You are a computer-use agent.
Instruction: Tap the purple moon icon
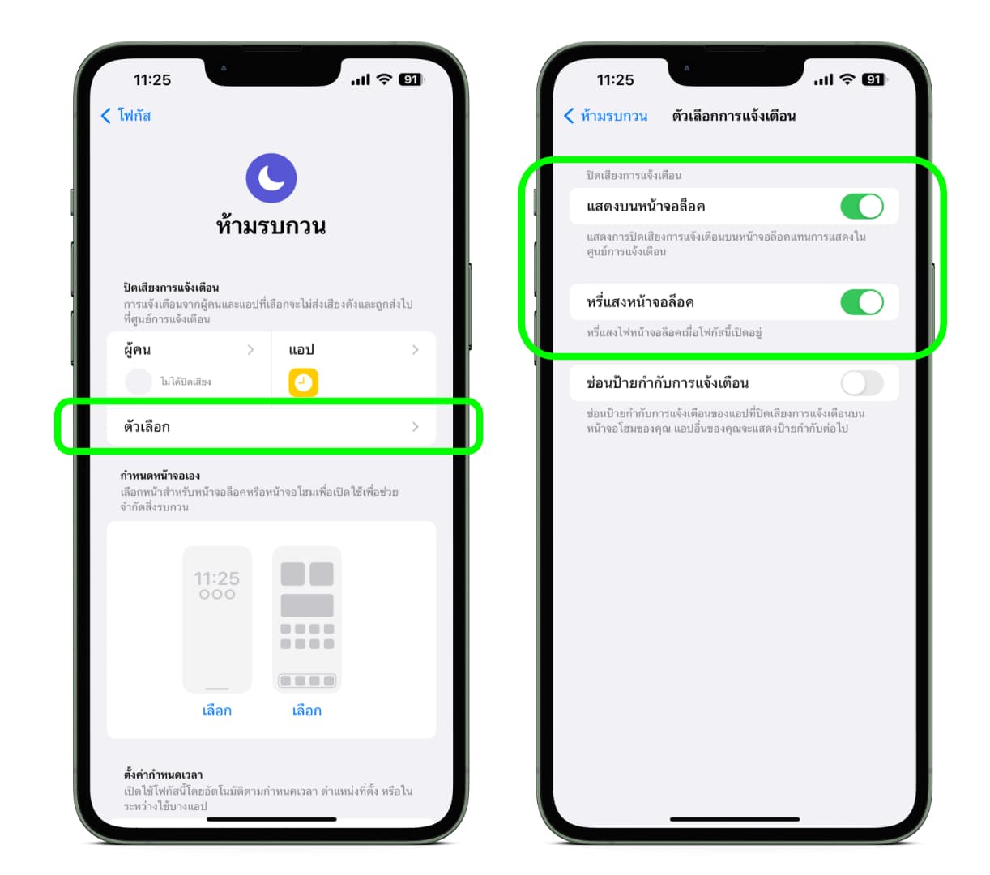point(271,177)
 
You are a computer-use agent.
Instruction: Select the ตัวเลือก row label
point(147,427)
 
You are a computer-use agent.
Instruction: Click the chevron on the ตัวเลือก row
point(415,427)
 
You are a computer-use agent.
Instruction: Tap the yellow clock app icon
point(303,382)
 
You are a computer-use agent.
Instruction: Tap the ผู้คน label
point(137,349)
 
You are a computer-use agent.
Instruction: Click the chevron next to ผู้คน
point(250,349)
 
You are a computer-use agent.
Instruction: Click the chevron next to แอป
point(415,349)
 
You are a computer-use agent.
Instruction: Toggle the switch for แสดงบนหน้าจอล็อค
point(861,207)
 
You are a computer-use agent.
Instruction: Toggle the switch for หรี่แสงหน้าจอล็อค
point(861,302)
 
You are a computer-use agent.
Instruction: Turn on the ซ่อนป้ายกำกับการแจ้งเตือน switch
point(861,382)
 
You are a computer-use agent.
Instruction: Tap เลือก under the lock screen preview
point(217,711)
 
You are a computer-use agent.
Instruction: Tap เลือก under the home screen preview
point(307,711)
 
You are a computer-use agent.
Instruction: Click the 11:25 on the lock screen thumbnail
point(217,578)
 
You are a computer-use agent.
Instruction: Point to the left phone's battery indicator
point(411,79)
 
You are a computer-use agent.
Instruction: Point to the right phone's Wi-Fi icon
point(847,79)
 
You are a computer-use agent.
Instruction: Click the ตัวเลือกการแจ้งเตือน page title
point(733,115)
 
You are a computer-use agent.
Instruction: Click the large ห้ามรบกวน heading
point(271,225)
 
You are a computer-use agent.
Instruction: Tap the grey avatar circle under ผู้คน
point(139,382)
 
